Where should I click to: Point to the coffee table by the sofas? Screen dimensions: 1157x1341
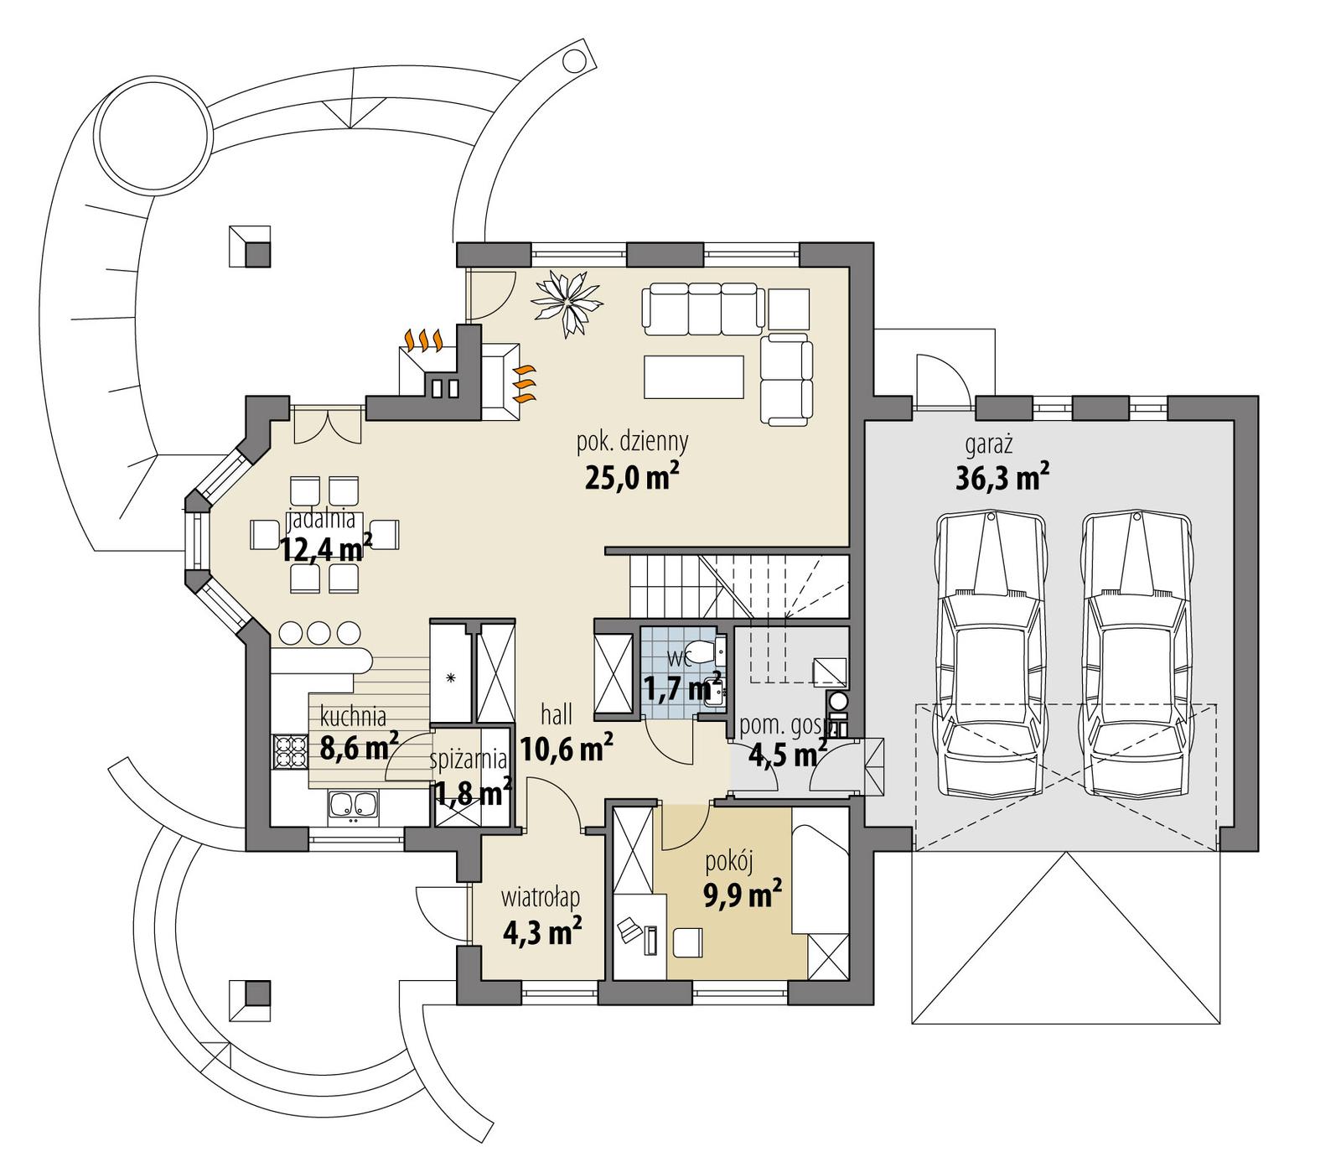694,376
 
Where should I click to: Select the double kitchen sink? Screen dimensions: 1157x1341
353,806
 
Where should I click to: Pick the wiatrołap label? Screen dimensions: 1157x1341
541,898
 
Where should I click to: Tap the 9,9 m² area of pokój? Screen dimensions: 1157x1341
743,895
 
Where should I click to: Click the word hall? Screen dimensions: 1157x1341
557,714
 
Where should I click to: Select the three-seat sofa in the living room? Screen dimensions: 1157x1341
703,307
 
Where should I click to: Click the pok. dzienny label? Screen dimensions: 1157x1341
632,440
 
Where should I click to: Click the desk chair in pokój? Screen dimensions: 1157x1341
689,942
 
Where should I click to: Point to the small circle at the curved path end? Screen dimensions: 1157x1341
574,60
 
